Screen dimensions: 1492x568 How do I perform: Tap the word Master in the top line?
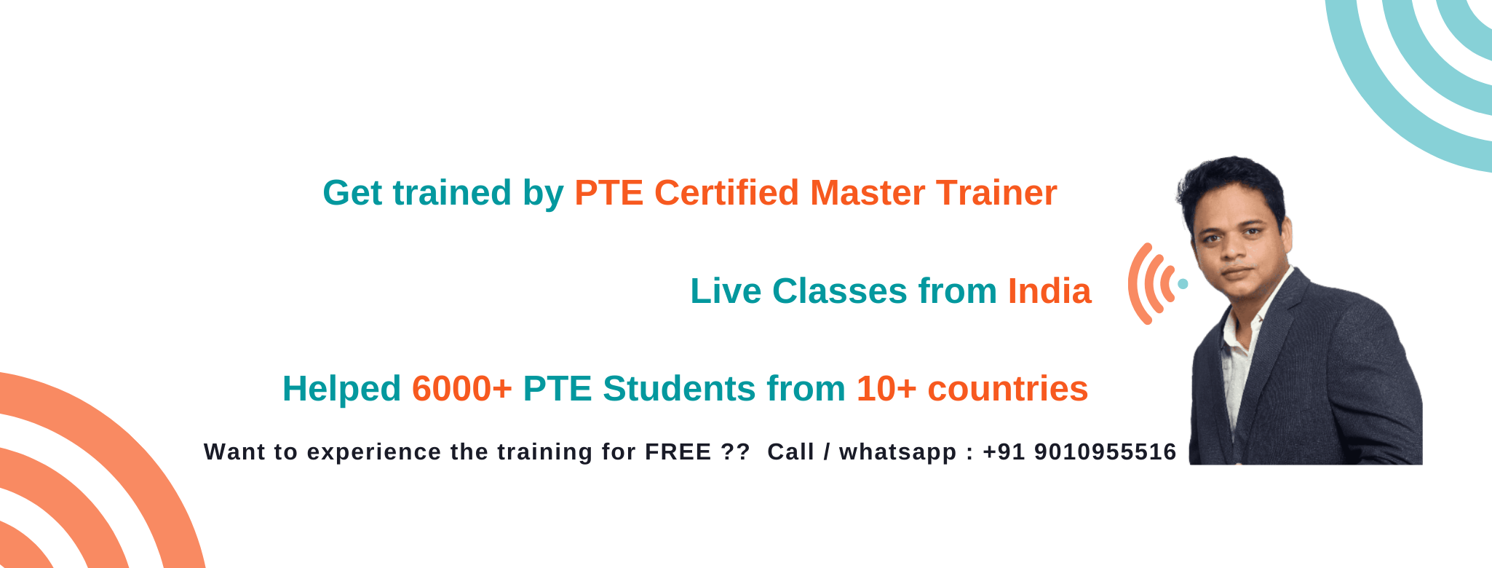point(868,193)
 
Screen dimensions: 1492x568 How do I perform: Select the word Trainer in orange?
point(996,193)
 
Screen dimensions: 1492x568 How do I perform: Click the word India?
point(1049,291)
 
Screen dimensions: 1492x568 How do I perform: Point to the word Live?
point(726,291)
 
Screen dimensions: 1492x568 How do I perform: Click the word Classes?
point(839,291)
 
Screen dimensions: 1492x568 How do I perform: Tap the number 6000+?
point(462,389)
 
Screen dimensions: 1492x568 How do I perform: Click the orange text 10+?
point(886,389)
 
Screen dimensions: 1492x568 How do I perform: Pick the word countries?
point(1007,389)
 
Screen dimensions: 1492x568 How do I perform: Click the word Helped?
point(341,389)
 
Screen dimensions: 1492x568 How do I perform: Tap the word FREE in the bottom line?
point(678,452)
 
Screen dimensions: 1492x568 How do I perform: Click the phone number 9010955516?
point(1105,452)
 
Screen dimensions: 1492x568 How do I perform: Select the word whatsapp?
point(897,453)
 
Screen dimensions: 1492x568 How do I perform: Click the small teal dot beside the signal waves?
point(1183,284)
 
